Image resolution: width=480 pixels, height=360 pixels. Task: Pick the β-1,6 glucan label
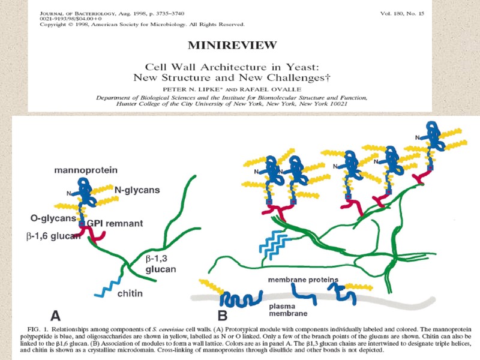pyautogui.click(x=53, y=236)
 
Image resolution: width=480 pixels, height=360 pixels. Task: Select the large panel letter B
pyautogui.click(x=223, y=314)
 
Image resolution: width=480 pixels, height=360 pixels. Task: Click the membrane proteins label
pyautogui.click(x=304, y=280)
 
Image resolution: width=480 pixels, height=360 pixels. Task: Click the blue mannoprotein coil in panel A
pyautogui.click(x=86, y=193)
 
